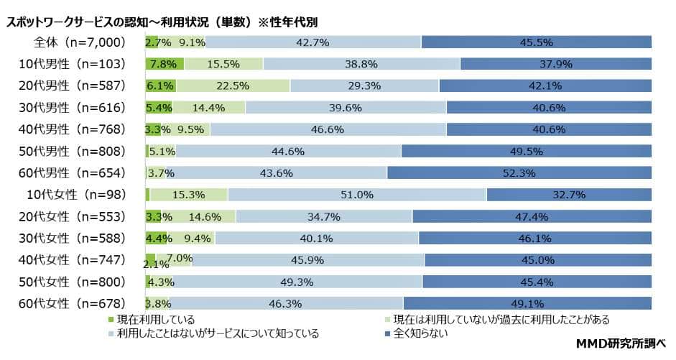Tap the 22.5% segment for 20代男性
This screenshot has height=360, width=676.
[x=233, y=86]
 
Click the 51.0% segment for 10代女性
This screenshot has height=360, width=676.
[x=357, y=195]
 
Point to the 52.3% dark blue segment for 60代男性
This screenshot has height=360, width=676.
[x=519, y=173]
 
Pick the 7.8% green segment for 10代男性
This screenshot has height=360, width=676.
[x=165, y=64]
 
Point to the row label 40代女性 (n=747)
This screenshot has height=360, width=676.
[x=73, y=260]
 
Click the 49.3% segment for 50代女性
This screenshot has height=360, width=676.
[x=296, y=282]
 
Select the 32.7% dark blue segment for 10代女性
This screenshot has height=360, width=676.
[x=569, y=195]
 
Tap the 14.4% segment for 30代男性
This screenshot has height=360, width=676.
[x=208, y=108]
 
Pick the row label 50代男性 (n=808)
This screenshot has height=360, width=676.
[x=73, y=152]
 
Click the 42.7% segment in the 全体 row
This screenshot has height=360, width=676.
[x=312, y=42]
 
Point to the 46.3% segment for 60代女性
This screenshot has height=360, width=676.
[x=286, y=303]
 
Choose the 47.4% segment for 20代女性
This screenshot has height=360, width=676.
[x=532, y=216]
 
